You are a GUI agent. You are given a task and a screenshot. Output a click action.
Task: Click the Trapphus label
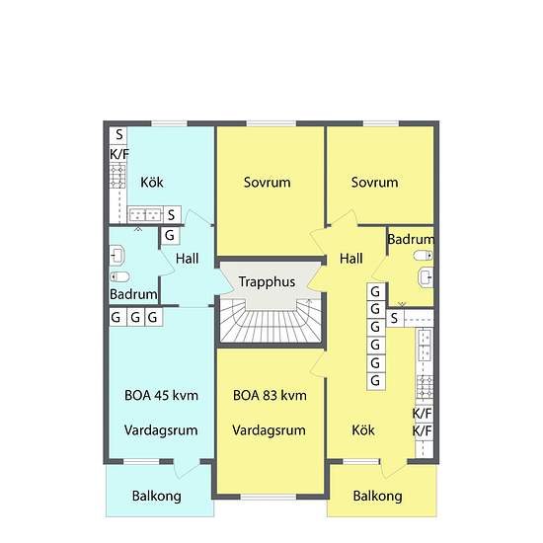click(x=267, y=281)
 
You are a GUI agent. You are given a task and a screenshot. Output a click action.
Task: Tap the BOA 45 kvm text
click(x=161, y=395)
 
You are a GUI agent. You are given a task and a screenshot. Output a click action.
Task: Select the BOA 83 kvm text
click(x=270, y=395)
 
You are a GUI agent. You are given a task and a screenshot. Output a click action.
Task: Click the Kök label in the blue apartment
click(x=151, y=182)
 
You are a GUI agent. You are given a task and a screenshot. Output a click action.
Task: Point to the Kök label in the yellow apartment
click(x=363, y=430)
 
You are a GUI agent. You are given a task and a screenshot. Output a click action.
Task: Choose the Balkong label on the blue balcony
click(x=157, y=496)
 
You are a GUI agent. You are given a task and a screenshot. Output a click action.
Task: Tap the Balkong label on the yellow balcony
click(x=377, y=496)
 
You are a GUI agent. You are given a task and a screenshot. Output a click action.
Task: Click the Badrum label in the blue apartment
click(x=133, y=294)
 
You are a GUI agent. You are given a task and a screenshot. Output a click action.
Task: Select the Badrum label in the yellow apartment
click(x=411, y=240)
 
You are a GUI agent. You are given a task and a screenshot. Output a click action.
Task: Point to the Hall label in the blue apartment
click(x=189, y=259)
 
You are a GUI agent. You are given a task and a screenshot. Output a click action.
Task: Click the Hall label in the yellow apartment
click(x=351, y=259)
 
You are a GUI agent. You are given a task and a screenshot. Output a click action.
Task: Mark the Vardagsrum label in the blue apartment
click(x=162, y=430)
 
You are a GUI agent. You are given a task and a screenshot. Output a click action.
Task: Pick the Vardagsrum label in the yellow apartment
click(x=270, y=430)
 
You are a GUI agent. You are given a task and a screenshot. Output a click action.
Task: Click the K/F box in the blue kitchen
click(x=118, y=154)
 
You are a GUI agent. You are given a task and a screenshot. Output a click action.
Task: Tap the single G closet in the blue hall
click(x=170, y=236)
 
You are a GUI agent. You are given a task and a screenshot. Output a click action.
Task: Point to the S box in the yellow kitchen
click(x=394, y=318)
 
